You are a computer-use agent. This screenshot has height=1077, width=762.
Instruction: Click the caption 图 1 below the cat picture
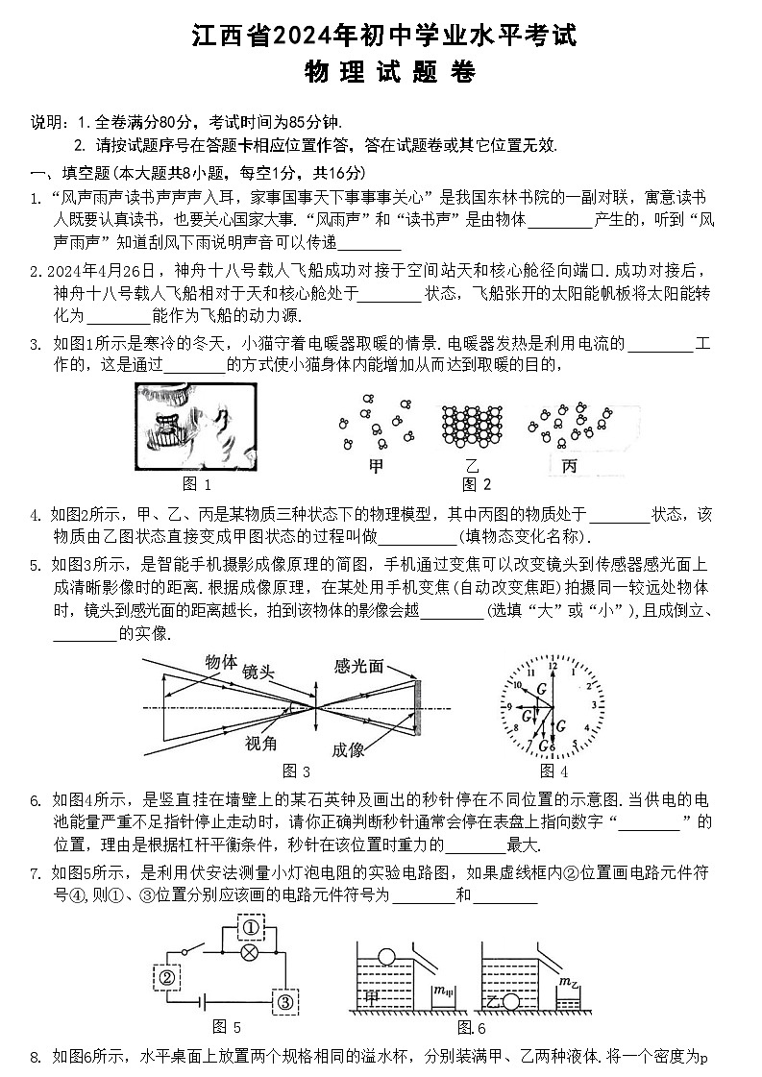click(x=196, y=484)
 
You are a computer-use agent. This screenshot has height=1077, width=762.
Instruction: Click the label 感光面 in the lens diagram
click(x=358, y=666)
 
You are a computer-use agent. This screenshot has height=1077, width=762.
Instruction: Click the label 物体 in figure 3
click(x=221, y=661)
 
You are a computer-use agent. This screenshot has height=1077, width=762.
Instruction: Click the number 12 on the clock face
click(x=552, y=665)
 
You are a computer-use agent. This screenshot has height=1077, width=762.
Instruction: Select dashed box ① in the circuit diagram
click(x=251, y=928)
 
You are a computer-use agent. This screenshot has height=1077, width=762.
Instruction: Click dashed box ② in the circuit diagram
click(x=165, y=977)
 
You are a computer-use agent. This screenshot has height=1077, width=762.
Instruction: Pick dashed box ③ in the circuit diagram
click(x=285, y=1000)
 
